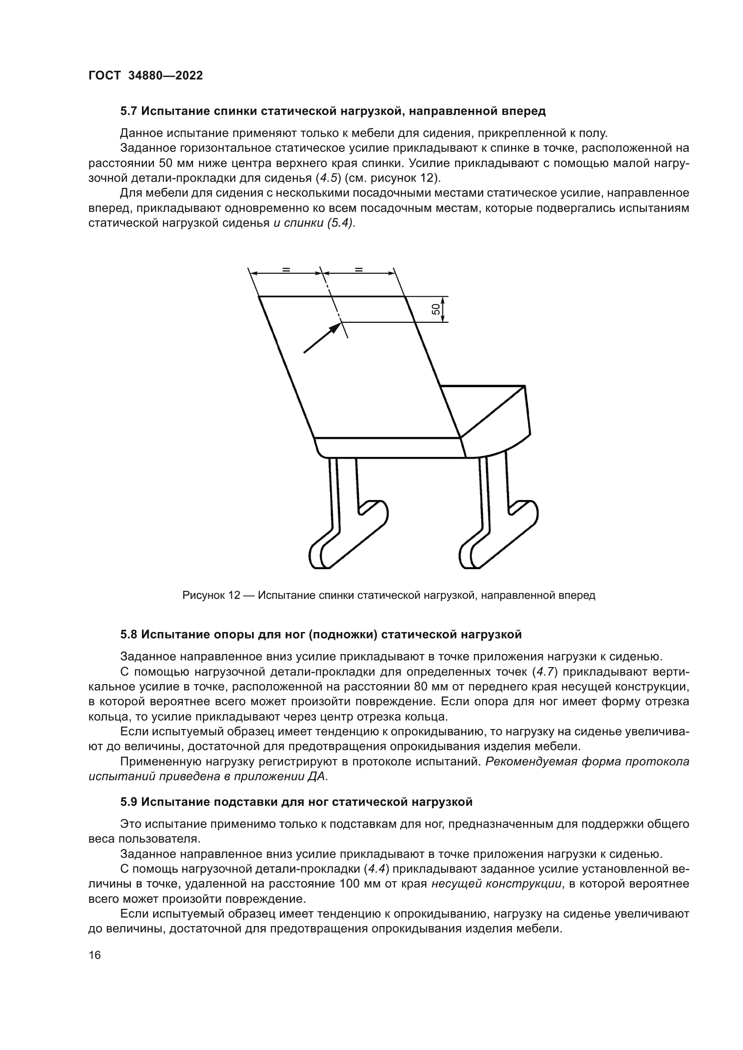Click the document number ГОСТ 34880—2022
[x=146, y=76]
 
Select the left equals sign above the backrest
[x=286, y=269]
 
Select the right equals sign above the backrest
[x=358, y=269]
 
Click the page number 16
[x=95, y=955]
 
